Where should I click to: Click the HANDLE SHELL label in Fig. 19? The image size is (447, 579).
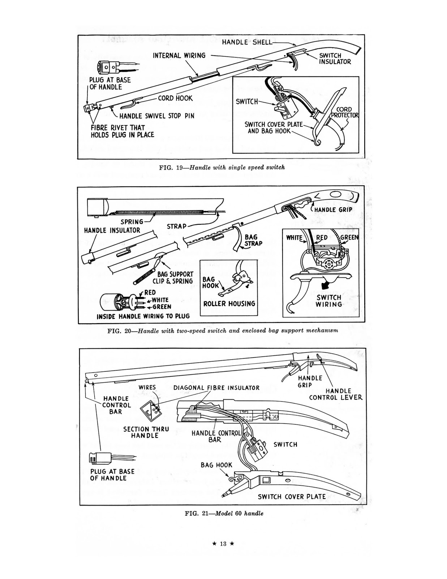pos(247,42)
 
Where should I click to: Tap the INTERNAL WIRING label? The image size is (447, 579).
pos(179,55)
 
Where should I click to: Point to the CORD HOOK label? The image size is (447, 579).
pos(175,98)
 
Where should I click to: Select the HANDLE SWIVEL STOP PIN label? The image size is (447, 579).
pos(156,116)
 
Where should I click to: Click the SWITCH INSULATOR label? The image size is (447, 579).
pos(335,59)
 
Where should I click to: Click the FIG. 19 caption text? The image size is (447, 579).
pos(222,167)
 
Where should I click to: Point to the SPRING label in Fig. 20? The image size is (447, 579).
pos(132,221)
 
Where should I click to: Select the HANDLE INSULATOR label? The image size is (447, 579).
pos(112,230)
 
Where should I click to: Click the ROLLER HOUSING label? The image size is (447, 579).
pos(229,304)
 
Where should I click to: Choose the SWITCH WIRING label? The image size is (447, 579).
pos(329,301)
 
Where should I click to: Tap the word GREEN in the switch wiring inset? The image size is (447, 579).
pos(349,237)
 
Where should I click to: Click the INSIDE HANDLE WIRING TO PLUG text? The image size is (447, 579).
pos(143,316)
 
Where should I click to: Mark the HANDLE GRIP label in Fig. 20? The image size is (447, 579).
pos(333,210)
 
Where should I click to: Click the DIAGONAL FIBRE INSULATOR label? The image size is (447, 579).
pos(216,388)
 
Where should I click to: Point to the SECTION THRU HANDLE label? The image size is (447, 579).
pos(146,432)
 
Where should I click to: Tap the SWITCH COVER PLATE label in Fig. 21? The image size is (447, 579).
pos(292,497)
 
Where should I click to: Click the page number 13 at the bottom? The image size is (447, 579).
pos(223,544)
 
